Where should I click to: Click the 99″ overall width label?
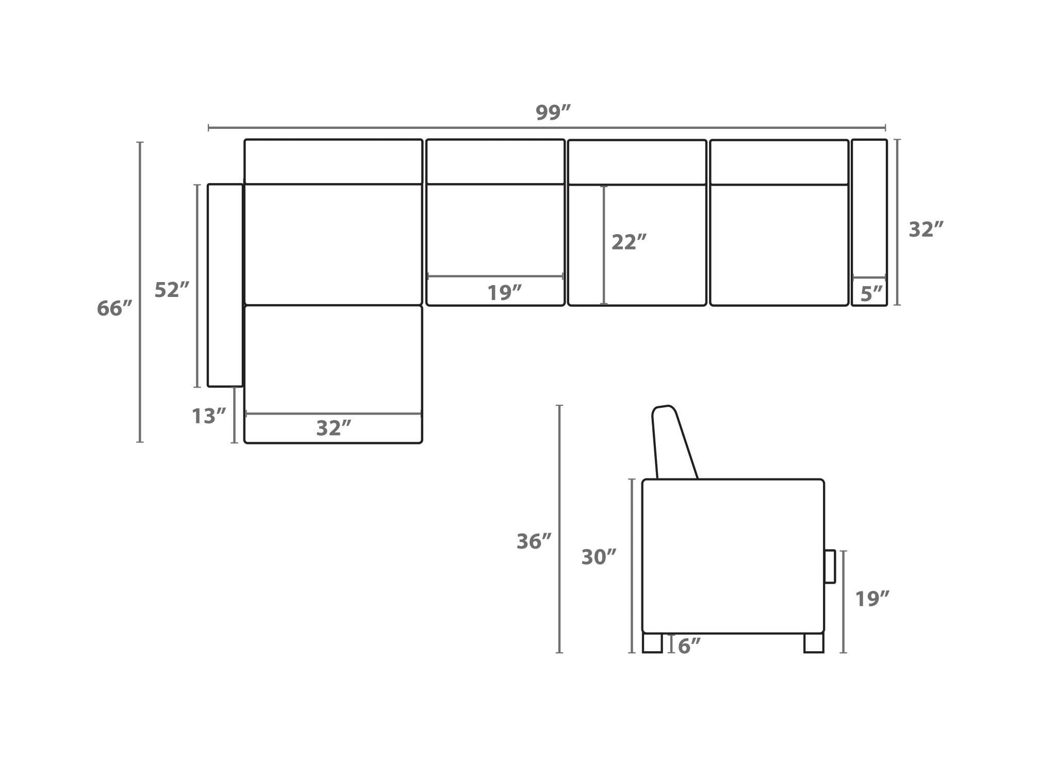[553, 112]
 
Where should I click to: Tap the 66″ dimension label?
[114, 308]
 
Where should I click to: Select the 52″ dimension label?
[172, 290]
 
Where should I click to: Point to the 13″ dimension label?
[209, 416]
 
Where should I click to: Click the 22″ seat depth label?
[629, 242]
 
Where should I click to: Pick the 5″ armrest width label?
[871, 294]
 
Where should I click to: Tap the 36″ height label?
[534, 541]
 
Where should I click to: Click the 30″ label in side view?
[599, 557]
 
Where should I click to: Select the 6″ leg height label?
[689, 645]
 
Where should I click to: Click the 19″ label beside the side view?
[872, 599]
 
